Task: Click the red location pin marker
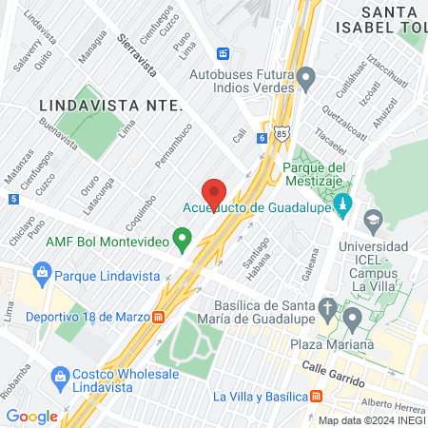point(214,191)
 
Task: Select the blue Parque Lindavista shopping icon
point(41,276)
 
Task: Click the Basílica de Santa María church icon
point(327,308)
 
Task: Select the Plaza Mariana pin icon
point(353,317)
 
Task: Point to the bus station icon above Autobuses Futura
point(224,53)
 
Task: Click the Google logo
point(31,416)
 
